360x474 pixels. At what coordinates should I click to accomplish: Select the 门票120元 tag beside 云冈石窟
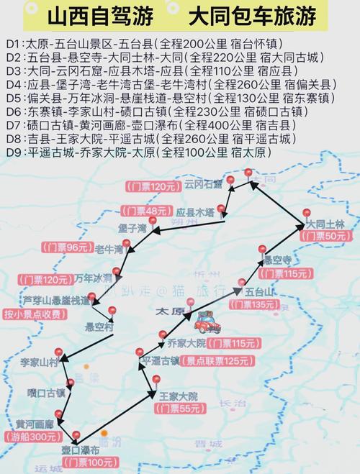[153, 186]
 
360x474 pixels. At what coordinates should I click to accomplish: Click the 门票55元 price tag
[179, 409]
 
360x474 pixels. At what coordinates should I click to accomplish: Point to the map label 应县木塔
[195, 213]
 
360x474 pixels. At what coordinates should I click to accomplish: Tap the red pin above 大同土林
[305, 213]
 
